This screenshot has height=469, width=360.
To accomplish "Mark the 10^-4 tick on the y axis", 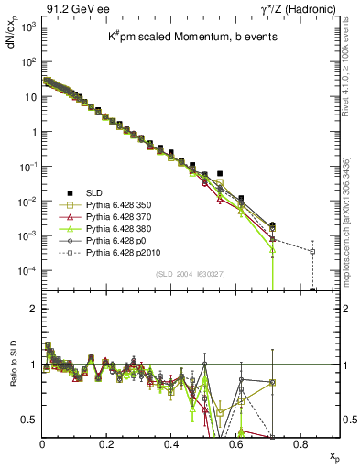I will point(27,271).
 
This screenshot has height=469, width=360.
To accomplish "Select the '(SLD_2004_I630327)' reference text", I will point(189,275).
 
